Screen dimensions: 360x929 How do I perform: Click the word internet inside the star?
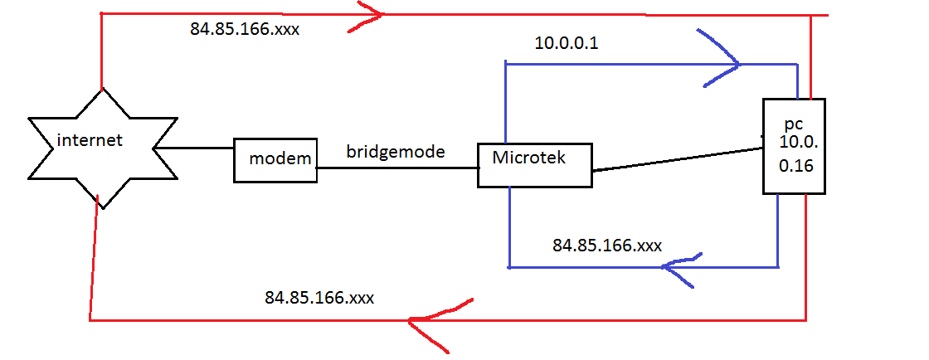tap(90, 140)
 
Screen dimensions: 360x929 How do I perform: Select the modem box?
tap(275, 159)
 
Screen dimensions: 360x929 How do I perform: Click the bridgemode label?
tap(396, 153)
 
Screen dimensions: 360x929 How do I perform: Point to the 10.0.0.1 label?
tap(567, 44)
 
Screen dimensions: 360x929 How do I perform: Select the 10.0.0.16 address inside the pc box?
tap(797, 153)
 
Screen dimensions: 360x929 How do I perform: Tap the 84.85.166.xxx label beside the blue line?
tap(606, 246)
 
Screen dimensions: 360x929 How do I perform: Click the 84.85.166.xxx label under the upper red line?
tap(245, 29)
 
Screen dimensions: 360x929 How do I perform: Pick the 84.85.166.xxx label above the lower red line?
tap(319, 296)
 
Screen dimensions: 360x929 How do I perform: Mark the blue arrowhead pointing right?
tap(722, 61)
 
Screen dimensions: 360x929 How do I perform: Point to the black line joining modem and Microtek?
tap(396, 168)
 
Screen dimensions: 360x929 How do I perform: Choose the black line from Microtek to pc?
tap(676, 160)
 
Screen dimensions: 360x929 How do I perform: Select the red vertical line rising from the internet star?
tap(100, 50)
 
